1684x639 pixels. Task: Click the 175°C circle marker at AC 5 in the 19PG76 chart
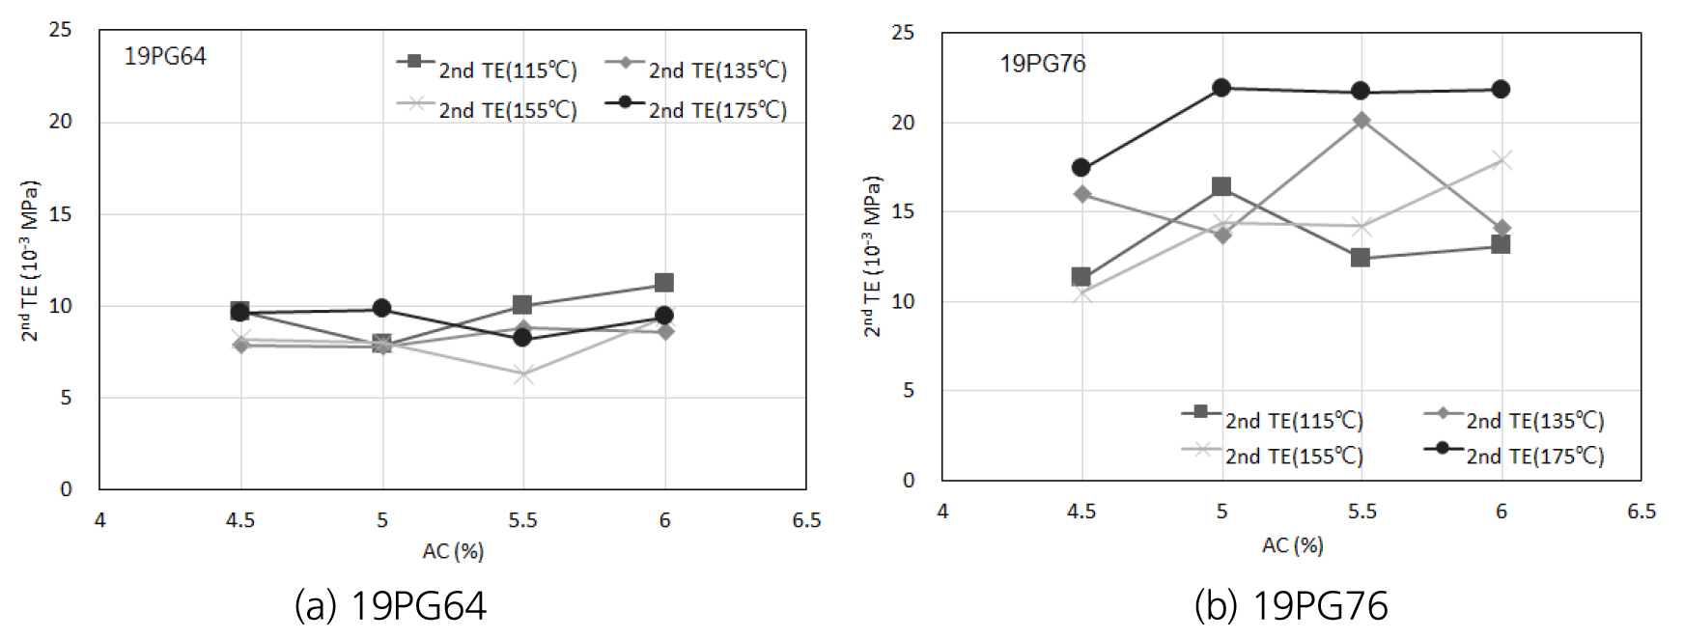coord(1221,88)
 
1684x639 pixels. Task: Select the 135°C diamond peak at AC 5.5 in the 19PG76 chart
coord(1361,121)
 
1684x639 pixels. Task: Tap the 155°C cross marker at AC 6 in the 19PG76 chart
coord(1501,160)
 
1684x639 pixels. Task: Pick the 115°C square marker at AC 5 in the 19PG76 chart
coord(1221,186)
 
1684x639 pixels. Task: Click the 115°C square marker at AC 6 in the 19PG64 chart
coord(664,283)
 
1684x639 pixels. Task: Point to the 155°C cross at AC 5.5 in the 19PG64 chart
coord(523,375)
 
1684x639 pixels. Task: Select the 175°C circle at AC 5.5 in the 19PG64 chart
coord(523,338)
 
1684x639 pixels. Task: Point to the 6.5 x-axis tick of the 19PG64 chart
coord(806,520)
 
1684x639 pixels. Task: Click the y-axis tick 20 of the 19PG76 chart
coord(903,123)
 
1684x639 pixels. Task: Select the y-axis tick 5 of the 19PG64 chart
coord(66,398)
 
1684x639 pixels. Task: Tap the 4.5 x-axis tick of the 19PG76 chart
coord(1081,512)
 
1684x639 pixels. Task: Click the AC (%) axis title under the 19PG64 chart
coord(453,551)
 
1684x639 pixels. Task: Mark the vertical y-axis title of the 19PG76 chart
coord(873,256)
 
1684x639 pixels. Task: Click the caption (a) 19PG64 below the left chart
coord(390,606)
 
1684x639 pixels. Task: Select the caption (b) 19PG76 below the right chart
coord(1291,606)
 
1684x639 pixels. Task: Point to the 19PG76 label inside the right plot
coord(1043,65)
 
